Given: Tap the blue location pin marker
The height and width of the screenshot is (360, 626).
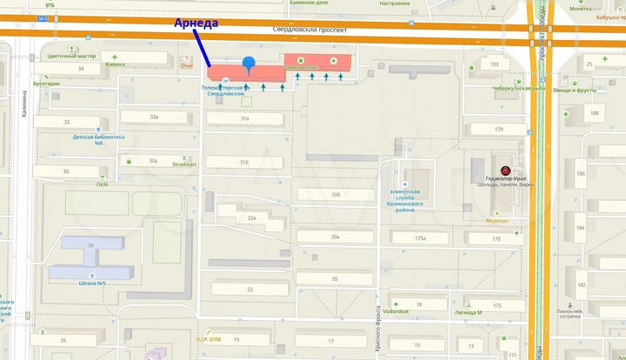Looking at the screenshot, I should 249,63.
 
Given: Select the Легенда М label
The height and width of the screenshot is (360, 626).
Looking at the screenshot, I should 469,312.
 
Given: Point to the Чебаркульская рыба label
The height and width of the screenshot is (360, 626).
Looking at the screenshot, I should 516,88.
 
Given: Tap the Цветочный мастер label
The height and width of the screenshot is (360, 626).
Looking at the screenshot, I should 70,57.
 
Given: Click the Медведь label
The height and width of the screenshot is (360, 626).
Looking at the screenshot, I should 497,220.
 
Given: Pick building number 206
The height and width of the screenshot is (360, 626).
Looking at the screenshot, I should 336,194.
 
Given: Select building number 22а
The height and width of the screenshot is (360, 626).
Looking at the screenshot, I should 251,218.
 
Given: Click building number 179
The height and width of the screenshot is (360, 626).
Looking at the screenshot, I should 498,130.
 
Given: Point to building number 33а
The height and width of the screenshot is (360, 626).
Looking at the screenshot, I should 154,117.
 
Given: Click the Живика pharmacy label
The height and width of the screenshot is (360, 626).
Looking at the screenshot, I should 114,63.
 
